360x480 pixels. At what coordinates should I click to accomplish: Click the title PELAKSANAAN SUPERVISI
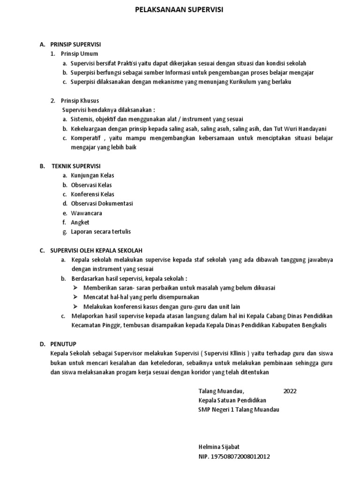[x=180, y=9]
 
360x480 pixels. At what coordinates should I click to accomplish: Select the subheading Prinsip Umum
[x=80, y=54]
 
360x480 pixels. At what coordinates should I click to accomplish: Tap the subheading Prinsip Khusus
[x=81, y=101]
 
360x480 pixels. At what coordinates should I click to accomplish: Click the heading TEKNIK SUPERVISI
[x=75, y=166]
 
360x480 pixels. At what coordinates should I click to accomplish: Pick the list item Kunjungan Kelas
[x=92, y=175]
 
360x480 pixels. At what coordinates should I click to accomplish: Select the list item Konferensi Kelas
[x=92, y=194]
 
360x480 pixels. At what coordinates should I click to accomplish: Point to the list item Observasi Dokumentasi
[x=102, y=203]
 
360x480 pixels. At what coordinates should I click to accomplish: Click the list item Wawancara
[x=86, y=213]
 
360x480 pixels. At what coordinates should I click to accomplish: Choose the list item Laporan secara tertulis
[x=101, y=232]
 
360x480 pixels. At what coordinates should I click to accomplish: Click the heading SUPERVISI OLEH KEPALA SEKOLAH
[x=97, y=250]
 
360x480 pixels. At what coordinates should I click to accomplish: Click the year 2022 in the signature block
[x=290, y=391]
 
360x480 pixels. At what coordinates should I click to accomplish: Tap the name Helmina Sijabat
[x=219, y=447]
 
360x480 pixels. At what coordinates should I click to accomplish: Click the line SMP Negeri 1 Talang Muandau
[x=239, y=409]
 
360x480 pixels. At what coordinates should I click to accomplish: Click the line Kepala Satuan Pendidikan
[x=232, y=400]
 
